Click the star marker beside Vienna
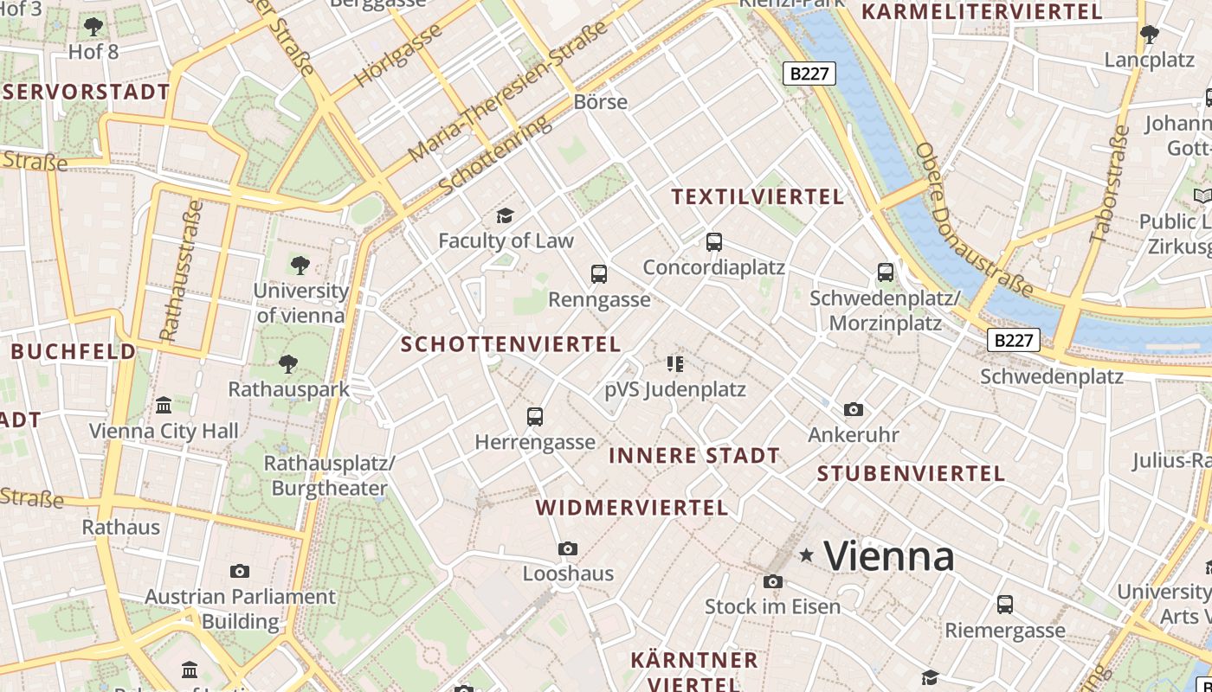[x=807, y=555]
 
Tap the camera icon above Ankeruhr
[x=854, y=409]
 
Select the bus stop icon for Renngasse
[x=598, y=275]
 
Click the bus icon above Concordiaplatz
[x=714, y=242]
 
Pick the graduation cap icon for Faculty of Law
[x=505, y=215]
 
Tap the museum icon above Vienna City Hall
[x=163, y=405]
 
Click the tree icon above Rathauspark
[x=288, y=364]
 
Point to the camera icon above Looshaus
[x=568, y=548]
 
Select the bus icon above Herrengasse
[x=535, y=417]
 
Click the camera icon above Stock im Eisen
[x=773, y=581]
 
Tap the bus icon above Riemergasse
[x=1005, y=604]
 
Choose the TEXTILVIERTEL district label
[x=757, y=197]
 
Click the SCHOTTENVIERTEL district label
[x=511, y=344]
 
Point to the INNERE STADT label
[x=694, y=456]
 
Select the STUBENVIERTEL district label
[x=911, y=474]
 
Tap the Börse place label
[x=600, y=102]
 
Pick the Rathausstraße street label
[x=181, y=271]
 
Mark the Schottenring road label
[x=494, y=157]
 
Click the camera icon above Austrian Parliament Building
[x=240, y=571]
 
